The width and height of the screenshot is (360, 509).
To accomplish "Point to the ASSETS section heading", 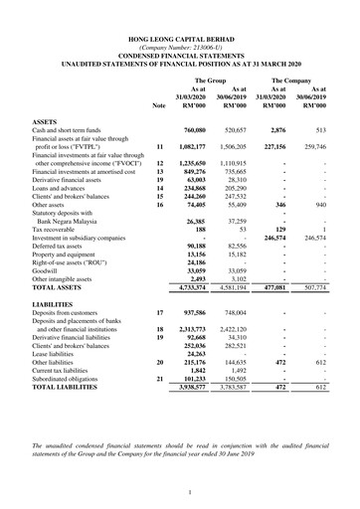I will click(46, 120).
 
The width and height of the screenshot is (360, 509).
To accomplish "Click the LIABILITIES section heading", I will click(53, 302).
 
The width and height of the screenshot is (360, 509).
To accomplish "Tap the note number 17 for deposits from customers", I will click(159, 312).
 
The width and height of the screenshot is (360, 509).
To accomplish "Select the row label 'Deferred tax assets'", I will click(62, 245).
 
